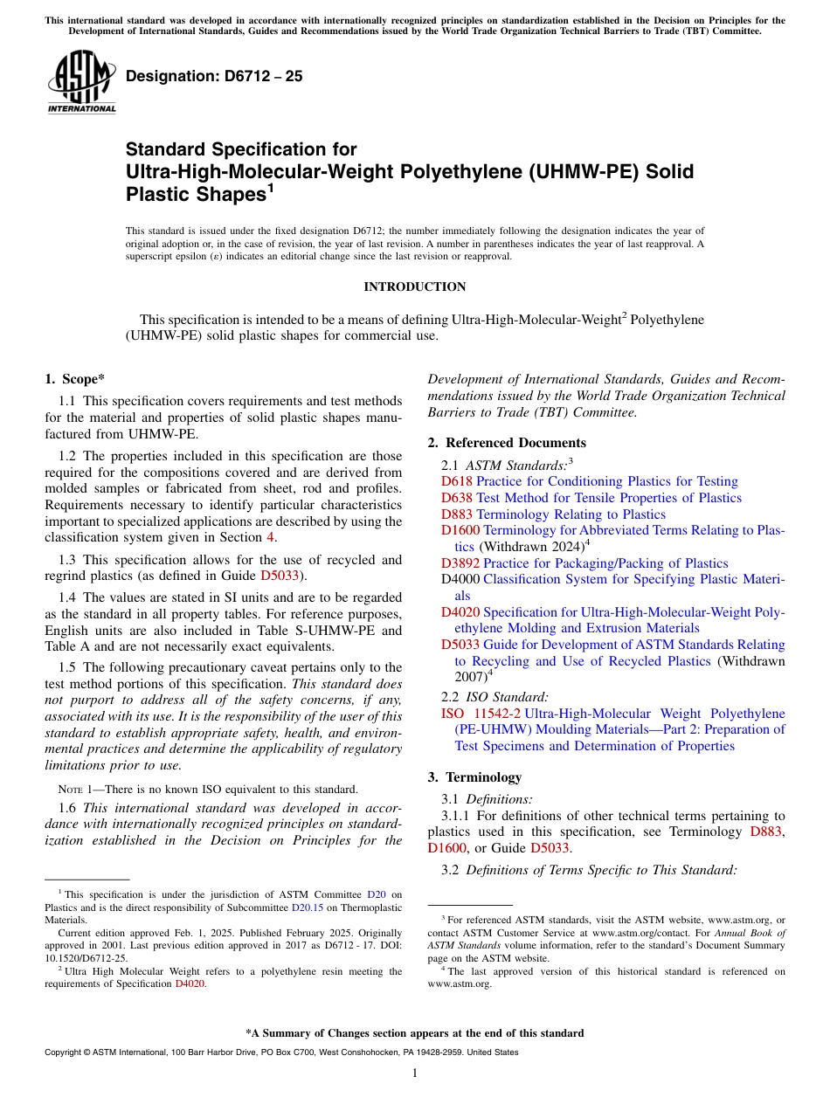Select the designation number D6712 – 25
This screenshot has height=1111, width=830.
coord(214,77)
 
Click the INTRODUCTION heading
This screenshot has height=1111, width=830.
coord(414,287)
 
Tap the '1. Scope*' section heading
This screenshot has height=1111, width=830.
coord(74,379)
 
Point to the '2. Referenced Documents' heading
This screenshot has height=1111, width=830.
coord(507,443)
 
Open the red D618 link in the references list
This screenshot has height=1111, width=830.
coord(456,482)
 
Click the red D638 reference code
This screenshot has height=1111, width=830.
coord(456,498)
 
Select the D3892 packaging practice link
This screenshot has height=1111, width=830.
coord(460,563)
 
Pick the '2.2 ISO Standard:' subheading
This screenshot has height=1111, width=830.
coord(495,697)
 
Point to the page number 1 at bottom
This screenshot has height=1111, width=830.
coord(415,1073)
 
